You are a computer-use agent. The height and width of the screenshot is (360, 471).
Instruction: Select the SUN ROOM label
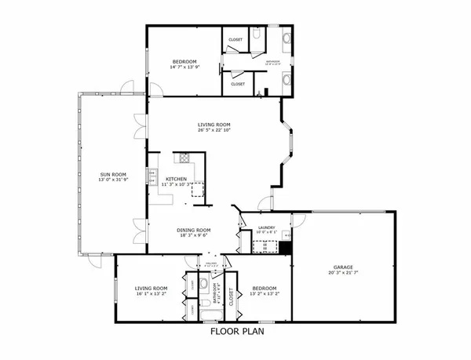(x=111, y=174)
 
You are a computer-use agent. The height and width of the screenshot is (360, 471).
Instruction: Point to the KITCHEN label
(x=176, y=179)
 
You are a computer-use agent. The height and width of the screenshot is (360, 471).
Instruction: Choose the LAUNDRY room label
(x=265, y=227)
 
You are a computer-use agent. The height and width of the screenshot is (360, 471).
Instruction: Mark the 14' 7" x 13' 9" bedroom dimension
(x=185, y=67)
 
